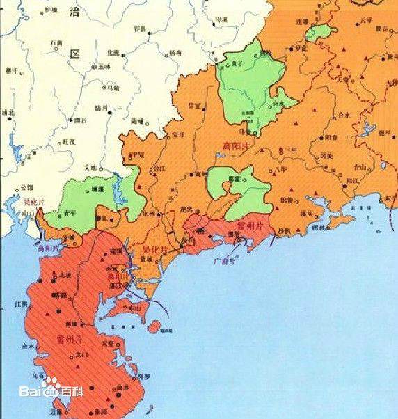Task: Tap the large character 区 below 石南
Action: coord(74,54)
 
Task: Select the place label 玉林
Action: coord(104,66)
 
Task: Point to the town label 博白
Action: coord(81,120)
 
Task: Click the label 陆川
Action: coord(101,108)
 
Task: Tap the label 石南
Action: coord(56,43)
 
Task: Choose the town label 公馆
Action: coord(27,187)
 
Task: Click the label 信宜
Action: coord(196,106)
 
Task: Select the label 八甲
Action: coord(280,168)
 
